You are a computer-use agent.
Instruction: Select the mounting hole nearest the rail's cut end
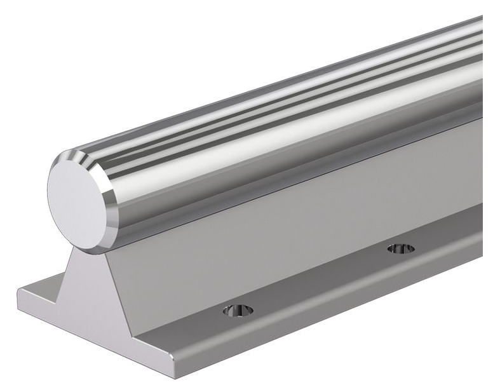click(x=238, y=310)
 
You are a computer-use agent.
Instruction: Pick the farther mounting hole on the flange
click(x=401, y=248)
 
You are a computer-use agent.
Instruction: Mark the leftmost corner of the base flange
click(x=18, y=294)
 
